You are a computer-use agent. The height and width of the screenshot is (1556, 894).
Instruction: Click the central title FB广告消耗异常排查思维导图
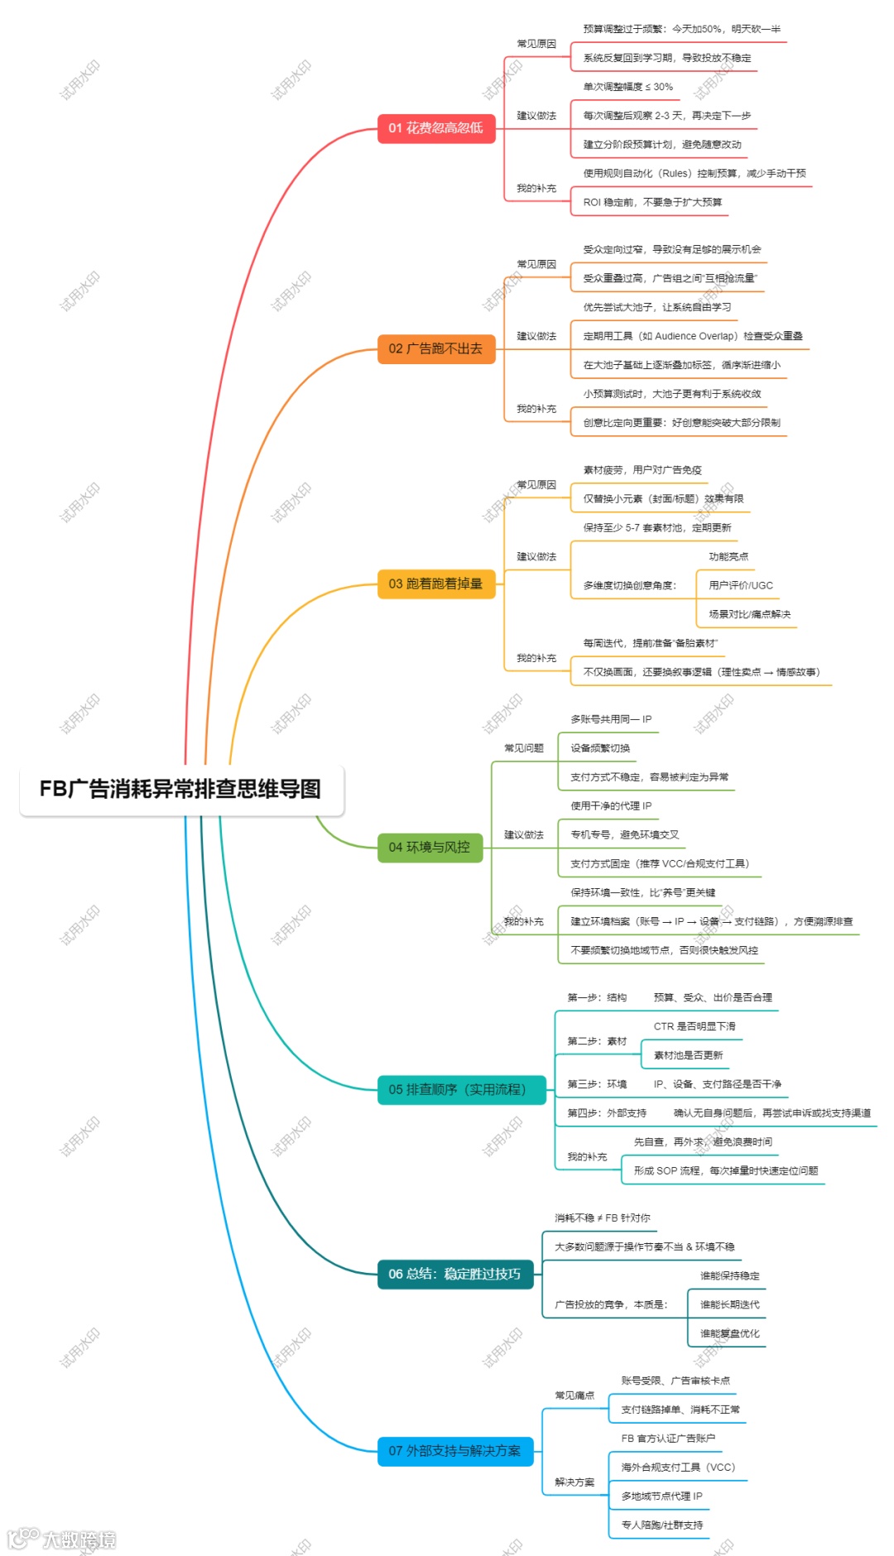coord(180,790)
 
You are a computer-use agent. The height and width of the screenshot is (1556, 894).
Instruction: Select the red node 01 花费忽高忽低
coord(436,128)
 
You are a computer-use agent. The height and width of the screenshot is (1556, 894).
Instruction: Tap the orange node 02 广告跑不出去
coord(436,349)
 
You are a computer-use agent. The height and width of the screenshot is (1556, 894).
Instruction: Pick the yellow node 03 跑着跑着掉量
coord(436,584)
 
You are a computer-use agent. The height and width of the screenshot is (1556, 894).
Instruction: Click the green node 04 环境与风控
coord(430,848)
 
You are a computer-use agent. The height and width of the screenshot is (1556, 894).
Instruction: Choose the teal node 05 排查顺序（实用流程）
coord(458,1090)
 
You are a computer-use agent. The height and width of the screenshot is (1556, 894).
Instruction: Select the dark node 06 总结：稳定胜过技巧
coord(454,1275)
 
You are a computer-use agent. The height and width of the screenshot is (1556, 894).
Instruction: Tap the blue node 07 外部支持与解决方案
coord(454,1451)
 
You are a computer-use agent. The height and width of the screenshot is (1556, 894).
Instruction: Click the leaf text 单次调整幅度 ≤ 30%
coord(627,87)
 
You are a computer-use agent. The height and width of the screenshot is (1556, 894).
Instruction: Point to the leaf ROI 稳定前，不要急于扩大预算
coord(652,202)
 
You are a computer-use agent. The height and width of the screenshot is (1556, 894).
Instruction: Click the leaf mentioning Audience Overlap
coord(692,336)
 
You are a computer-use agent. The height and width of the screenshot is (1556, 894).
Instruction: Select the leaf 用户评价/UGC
coord(741,585)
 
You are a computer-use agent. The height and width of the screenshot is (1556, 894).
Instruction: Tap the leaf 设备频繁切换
coord(600,748)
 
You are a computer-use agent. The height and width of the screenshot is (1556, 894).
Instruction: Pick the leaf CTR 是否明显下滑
coord(695,1026)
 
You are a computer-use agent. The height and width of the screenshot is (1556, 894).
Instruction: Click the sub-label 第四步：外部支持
coord(607,1113)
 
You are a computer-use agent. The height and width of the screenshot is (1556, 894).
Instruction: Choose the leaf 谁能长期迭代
coord(729,1305)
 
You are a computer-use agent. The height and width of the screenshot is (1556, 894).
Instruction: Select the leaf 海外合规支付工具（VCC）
coord(678,1467)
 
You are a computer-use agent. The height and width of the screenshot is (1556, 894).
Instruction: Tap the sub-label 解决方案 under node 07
coord(574,1482)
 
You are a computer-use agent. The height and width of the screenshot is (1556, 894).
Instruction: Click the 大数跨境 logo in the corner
coord(62,1539)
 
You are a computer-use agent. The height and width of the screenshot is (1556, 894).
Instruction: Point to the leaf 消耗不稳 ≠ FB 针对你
coord(602,1218)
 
